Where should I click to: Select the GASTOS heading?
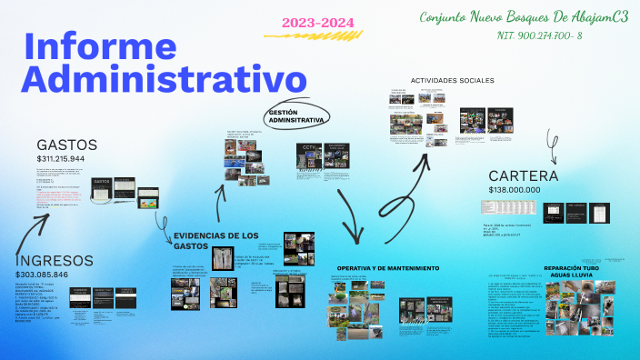point(67,145)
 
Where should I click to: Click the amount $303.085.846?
point(54,275)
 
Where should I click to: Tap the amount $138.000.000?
point(515,190)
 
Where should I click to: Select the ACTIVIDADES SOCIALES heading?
point(453,81)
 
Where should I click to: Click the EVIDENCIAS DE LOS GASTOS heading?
point(216,240)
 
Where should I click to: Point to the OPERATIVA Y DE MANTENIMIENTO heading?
point(388,269)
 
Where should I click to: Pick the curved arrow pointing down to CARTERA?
point(550,140)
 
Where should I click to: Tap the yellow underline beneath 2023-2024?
point(300,35)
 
